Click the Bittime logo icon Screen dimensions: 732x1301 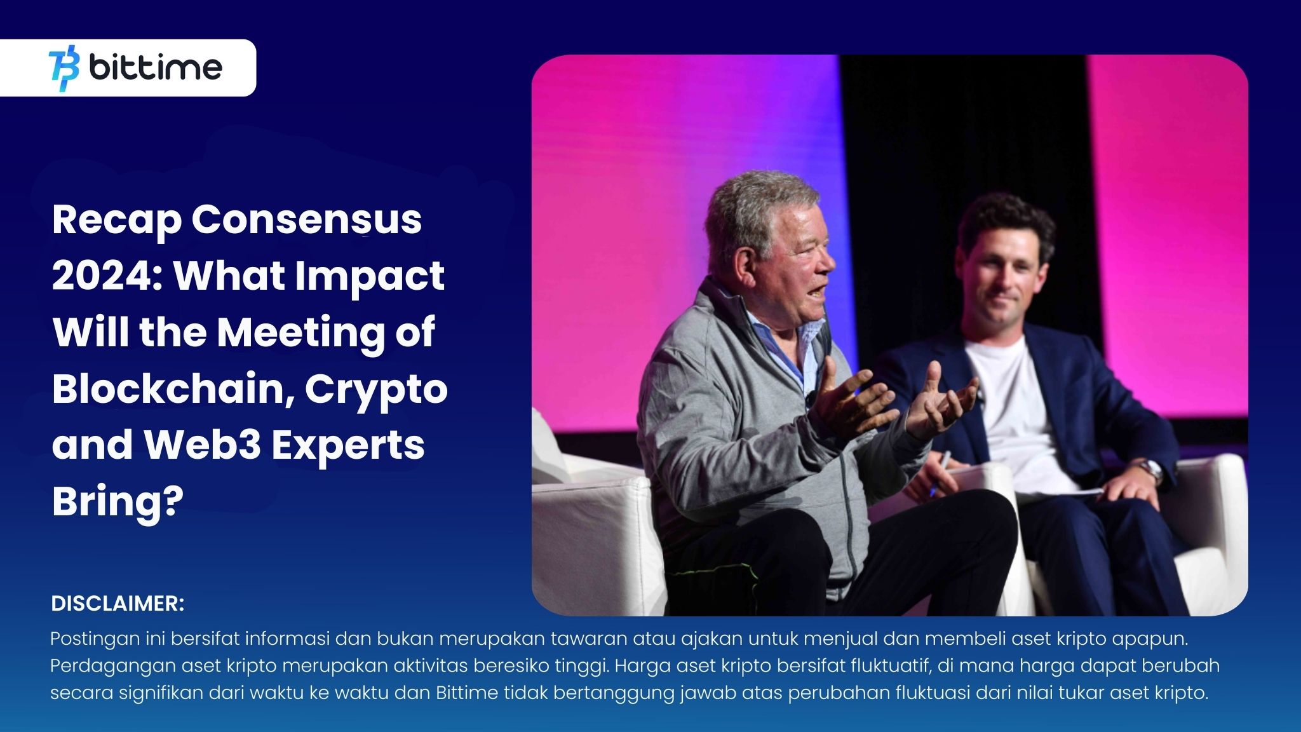[64, 68]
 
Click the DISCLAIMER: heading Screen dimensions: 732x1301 [118, 604]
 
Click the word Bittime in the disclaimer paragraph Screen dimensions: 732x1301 [467, 693]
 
